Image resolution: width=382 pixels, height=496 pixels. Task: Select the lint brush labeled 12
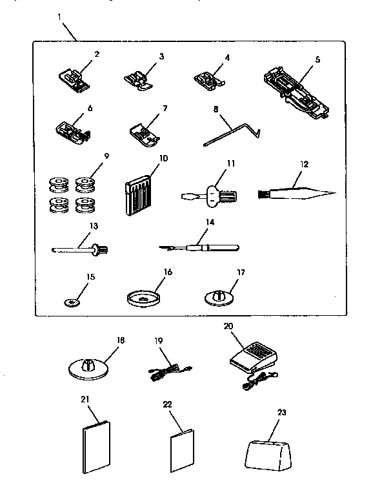point(299,192)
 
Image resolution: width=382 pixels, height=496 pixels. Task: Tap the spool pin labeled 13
point(81,247)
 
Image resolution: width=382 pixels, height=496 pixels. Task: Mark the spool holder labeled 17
point(219,298)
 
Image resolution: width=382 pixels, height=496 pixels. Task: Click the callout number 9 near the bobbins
point(106,156)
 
